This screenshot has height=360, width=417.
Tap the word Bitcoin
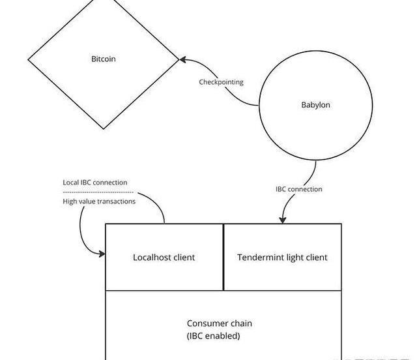point(103,59)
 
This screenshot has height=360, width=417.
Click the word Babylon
point(315,104)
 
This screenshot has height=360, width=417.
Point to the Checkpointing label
point(221,82)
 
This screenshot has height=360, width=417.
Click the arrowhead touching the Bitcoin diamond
point(183,60)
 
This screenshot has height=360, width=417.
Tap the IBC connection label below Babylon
point(298,189)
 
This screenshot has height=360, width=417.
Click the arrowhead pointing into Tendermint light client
point(283,219)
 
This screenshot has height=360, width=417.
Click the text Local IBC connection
point(95,183)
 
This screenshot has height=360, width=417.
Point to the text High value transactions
point(99,202)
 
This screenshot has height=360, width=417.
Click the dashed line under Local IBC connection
point(98,192)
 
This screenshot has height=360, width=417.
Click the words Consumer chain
point(219,323)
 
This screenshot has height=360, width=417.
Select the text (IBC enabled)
point(213,336)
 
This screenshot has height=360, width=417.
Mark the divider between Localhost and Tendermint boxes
point(223,257)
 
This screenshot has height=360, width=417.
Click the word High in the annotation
point(70,202)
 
